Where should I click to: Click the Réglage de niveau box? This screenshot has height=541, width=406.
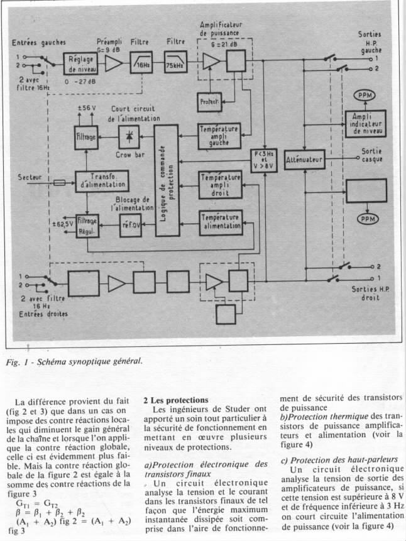pos(80,64)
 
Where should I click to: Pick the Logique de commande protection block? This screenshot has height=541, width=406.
pos(167,180)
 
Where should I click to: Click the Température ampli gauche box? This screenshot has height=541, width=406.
pos(219,134)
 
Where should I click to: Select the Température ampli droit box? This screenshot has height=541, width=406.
pos(220,184)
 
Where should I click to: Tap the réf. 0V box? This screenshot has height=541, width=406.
pos(131,224)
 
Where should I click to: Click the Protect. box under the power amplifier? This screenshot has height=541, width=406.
pos(207,101)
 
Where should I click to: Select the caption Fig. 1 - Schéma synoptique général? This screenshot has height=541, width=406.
pos(75,361)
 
